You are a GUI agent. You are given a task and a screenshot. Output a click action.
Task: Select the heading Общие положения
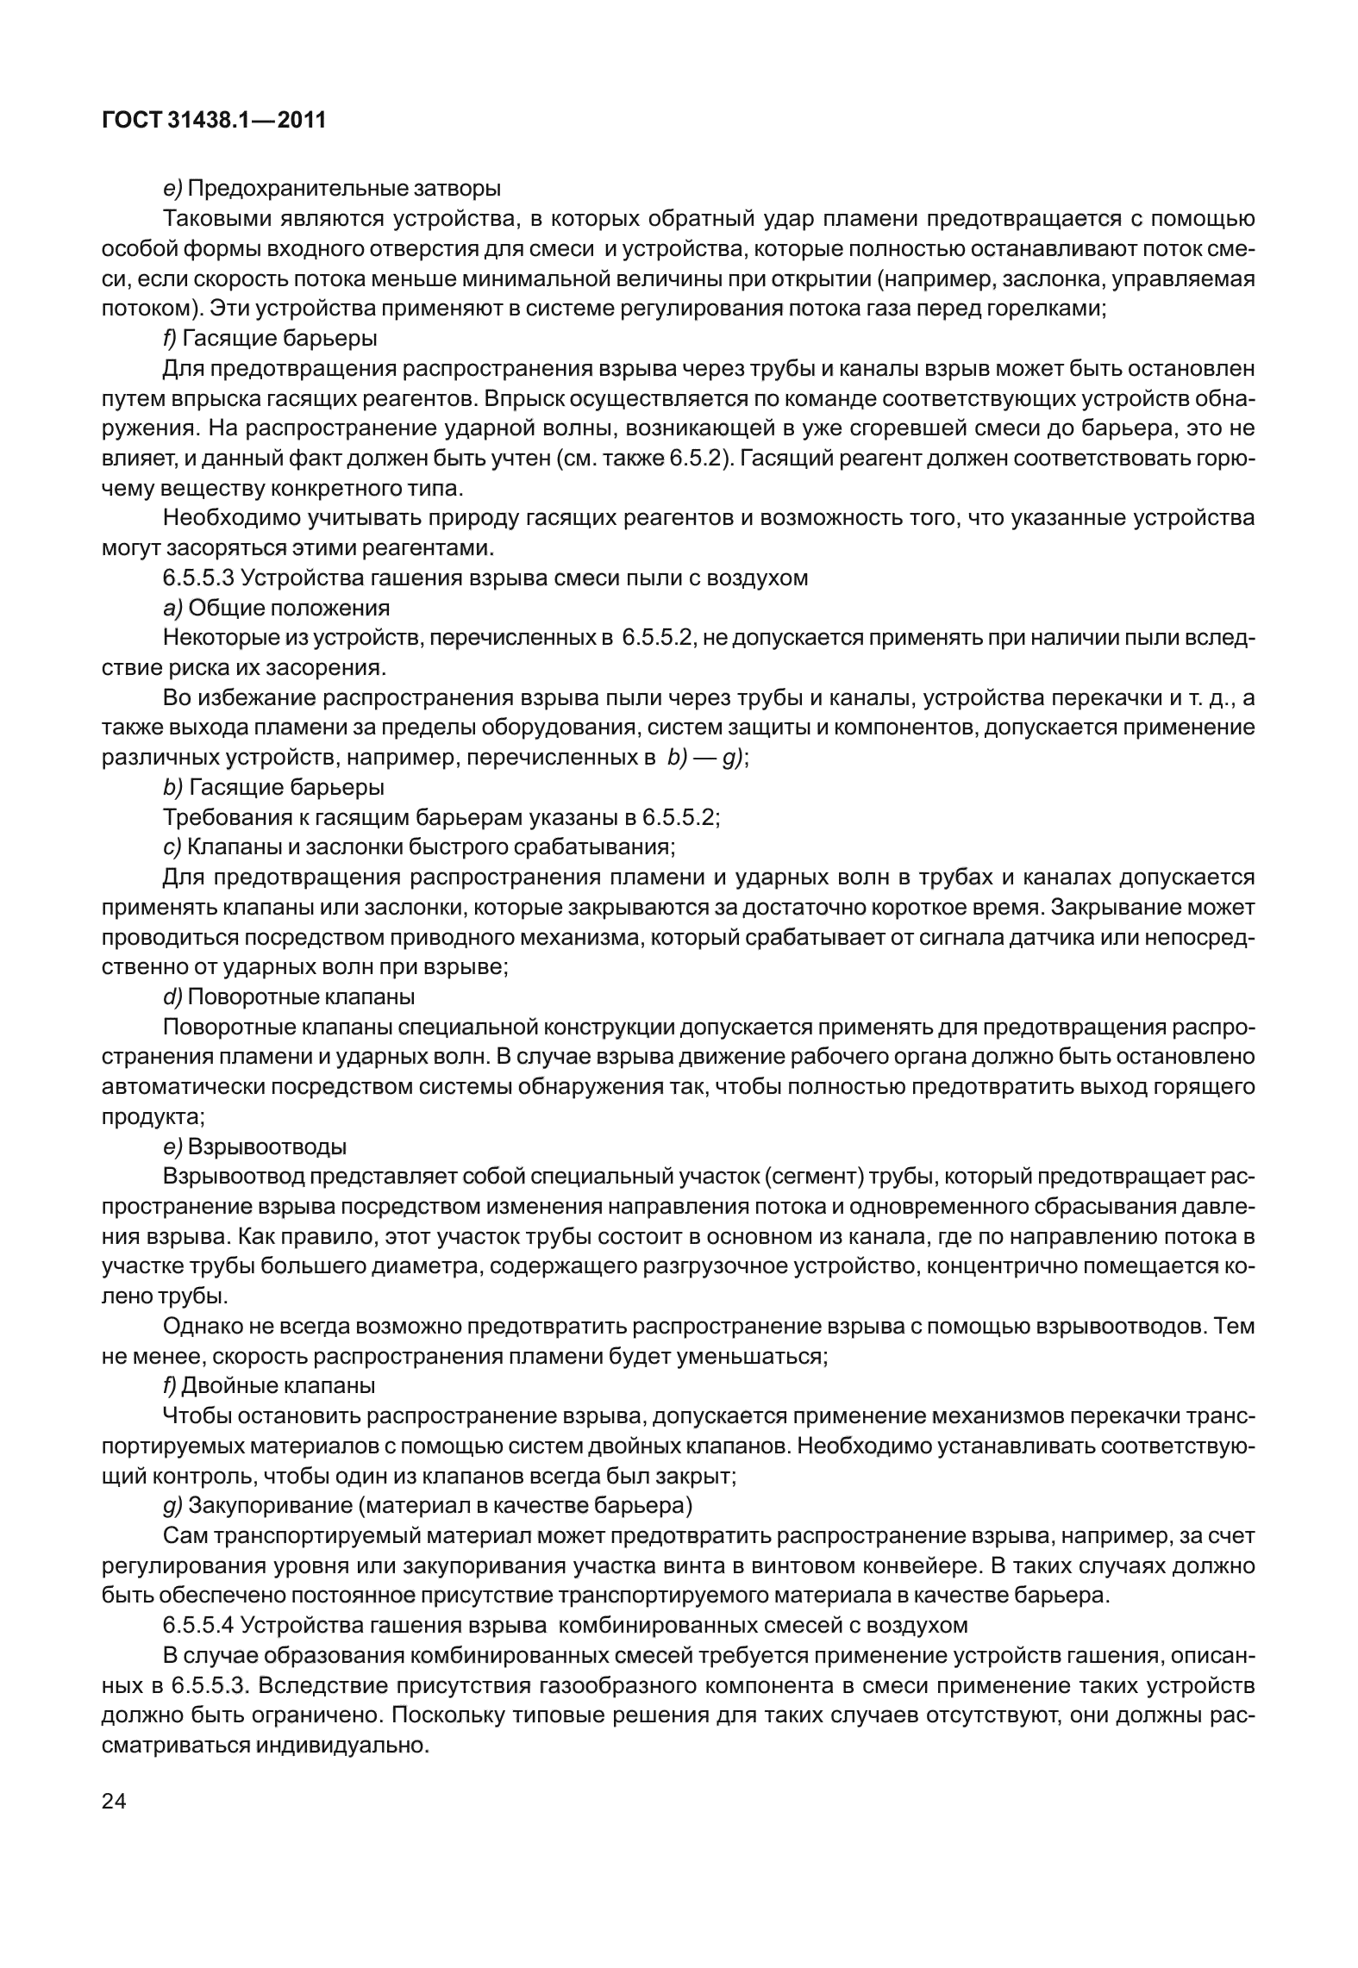(x=289, y=608)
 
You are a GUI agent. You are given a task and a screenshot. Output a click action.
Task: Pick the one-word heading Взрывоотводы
(x=267, y=1147)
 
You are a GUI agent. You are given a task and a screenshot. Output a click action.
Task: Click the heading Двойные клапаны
(x=279, y=1386)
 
